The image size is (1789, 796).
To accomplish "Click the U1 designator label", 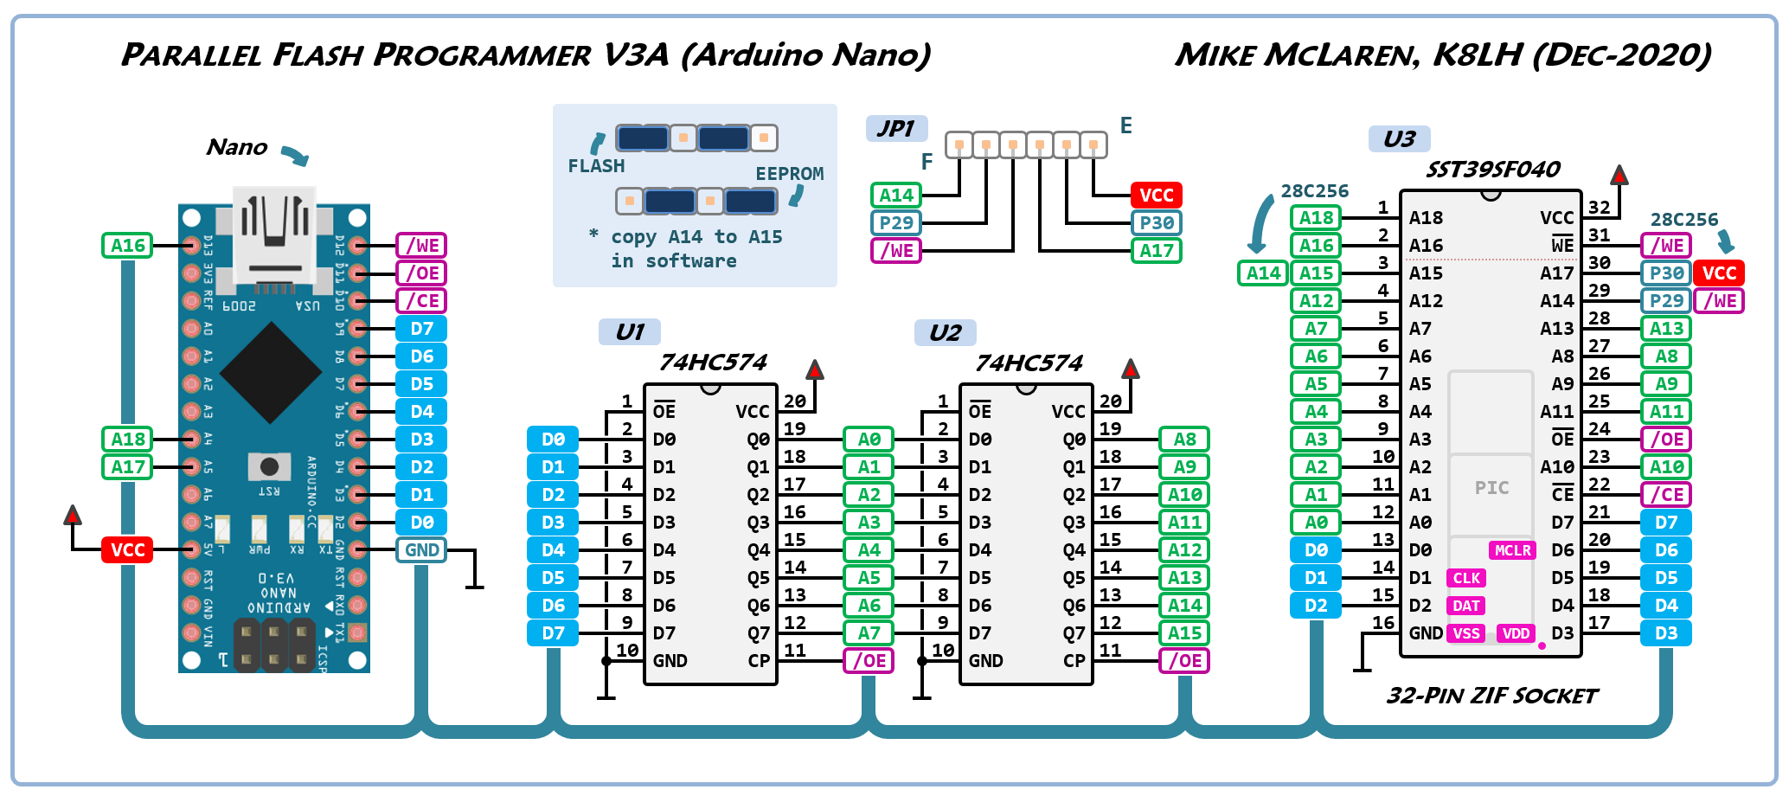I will pyautogui.click(x=630, y=332).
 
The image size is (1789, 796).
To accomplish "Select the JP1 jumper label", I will pyautogui.click(x=896, y=129).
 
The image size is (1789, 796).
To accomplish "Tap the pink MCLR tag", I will pyautogui.click(x=1512, y=550).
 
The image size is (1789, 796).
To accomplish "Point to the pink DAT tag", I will pyautogui.click(x=1466, y=606).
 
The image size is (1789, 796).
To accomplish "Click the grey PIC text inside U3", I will pyautogui.click(x=1491, y=488).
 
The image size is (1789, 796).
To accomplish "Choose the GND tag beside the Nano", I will pyautogui.click(x=421, y=550).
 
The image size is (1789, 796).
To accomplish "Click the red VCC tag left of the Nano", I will pyautogui.click(x=128, y=550).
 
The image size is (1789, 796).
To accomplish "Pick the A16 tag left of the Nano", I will pyautogui.click(x=128, y=246).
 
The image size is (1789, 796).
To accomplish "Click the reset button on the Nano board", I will pyautogui.click(x=269, y=467).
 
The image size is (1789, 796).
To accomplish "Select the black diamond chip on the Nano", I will pyautogui.click(x=271, y=373).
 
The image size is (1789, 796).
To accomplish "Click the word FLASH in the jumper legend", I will pyautogui.click(x=596, y=166).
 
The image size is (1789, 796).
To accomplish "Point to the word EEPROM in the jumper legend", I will pyautogui.click(x=789, y=174).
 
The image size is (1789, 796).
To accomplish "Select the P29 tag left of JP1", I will pyautogui.click(x=896, y=223).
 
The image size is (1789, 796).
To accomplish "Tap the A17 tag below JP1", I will pyautogui.click(x=1157, y=251).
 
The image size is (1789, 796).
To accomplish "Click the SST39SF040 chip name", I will pyautogui.click(x=1493, y=170).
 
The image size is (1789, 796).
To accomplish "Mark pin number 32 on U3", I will pyautogui.click(x=1600, y=208).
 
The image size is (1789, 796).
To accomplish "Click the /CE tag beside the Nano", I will pyautogui.click(x=421, y=301).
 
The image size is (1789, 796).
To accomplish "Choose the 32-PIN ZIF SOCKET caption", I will pyautogui.click(x=1492, y=696).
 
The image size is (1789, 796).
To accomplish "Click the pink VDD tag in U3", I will pyautogui.click(x=1516, y=633).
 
